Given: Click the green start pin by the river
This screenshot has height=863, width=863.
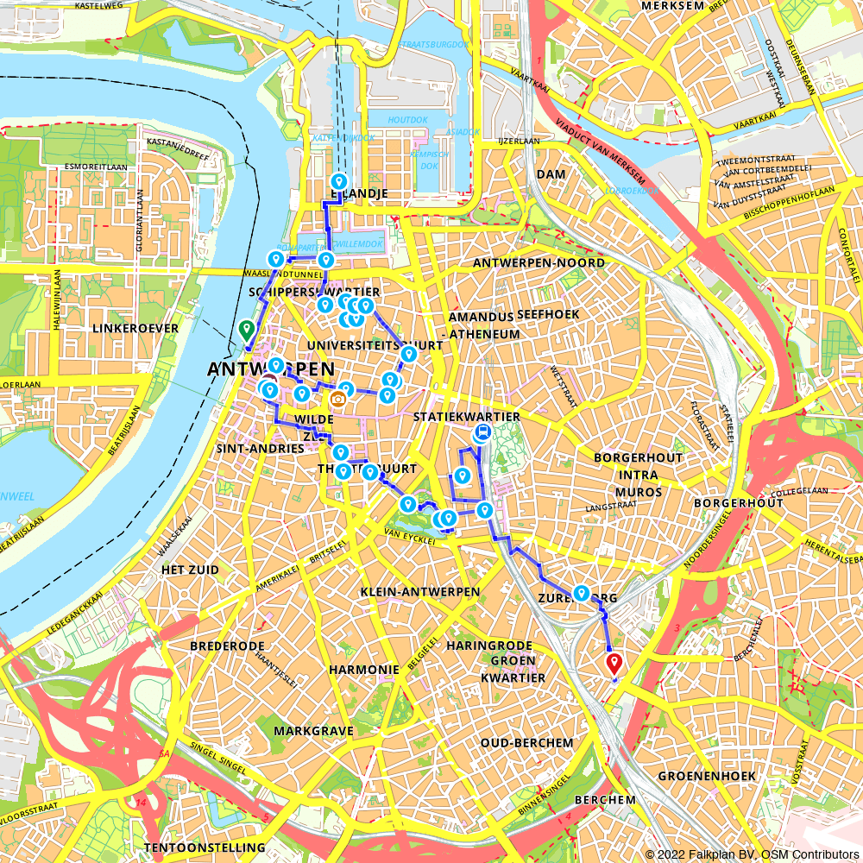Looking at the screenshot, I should [x=246, y=330].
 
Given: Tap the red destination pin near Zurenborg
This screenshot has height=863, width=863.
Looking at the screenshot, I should [x=614, y=664].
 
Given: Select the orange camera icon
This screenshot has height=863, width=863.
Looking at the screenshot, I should [x=338, y=399].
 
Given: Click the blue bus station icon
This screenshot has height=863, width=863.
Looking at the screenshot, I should [x=482, y=433].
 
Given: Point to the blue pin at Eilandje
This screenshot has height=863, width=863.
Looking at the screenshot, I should [x=339, y=183].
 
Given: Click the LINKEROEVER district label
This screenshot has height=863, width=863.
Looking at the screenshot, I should [x=139, y=329].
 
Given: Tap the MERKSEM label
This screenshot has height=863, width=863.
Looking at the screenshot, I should [x=674, y=6].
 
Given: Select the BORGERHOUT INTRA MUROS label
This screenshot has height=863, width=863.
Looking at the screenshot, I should [x=638, y=475].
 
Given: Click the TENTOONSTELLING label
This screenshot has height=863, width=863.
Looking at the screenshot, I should [x=205, y=847].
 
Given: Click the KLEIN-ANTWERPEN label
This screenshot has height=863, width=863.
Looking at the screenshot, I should [x=420, y=592].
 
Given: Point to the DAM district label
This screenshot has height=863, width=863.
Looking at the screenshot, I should [x=551, y=174].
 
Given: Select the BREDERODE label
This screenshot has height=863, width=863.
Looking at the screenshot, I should [x=224, y=645].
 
